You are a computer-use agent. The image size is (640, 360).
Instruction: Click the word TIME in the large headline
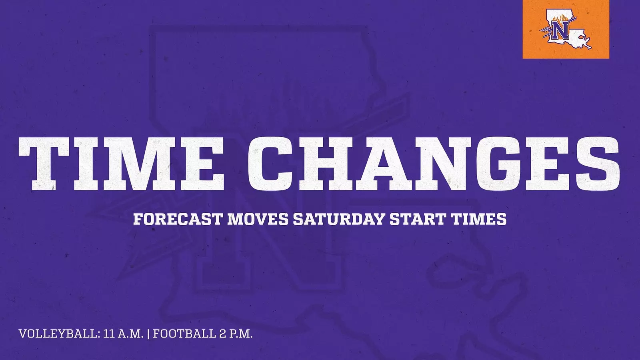pos(121,164)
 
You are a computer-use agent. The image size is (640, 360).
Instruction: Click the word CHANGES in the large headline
pos(434,164)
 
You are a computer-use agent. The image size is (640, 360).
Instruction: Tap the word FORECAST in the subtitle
pos(178,219)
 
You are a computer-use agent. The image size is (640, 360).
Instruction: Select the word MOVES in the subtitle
pos(258,219)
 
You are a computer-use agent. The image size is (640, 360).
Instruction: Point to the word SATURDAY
pos(339,219)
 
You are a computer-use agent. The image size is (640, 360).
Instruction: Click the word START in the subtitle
pos(418,219)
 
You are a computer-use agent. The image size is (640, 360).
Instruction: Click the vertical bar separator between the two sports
pos(148,334)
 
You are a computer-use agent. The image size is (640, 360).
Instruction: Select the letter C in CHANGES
pos(270,164)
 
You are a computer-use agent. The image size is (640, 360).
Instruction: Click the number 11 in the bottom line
pos(109,334)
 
